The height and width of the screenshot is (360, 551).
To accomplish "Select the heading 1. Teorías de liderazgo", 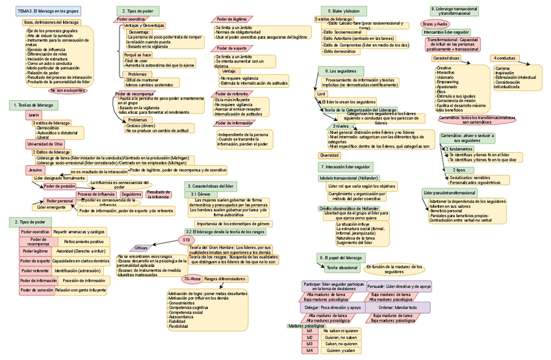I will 33,105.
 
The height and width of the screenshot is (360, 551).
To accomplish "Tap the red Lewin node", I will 33,114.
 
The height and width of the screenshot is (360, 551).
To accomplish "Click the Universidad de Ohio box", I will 45,144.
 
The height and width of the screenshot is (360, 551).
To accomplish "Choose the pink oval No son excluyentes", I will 67,90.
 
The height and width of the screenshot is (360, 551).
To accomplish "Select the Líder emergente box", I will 51,207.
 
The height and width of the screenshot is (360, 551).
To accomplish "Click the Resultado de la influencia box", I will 159,194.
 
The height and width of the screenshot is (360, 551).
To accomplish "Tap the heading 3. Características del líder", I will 207,186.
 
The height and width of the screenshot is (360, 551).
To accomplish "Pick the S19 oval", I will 186,240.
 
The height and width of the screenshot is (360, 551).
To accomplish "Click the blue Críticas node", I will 141,248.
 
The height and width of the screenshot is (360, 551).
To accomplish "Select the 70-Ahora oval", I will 192,279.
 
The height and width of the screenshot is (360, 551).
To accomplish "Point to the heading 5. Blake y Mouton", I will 344,11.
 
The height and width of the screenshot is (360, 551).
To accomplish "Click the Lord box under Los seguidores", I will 321,94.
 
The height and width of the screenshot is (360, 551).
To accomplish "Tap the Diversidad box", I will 329,155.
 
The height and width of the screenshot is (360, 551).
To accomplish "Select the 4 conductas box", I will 503,58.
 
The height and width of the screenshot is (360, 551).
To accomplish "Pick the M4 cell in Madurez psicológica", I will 310,350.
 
